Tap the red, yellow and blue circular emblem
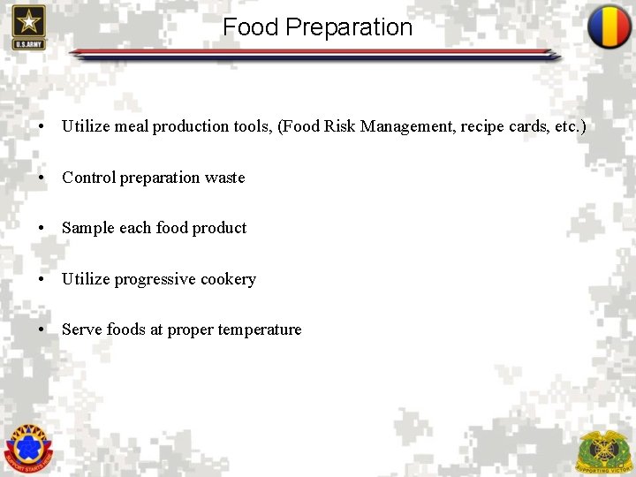tap(609, 26)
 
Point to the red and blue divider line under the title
tap(314, 54)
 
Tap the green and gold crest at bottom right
tap(604, 450)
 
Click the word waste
tap(224, 178)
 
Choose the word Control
tap(88, 178)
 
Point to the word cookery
tap(228, 279)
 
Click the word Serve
tap(82, 329)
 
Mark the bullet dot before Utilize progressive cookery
tap(42, 279)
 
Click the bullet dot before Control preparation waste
tap(42, 178)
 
